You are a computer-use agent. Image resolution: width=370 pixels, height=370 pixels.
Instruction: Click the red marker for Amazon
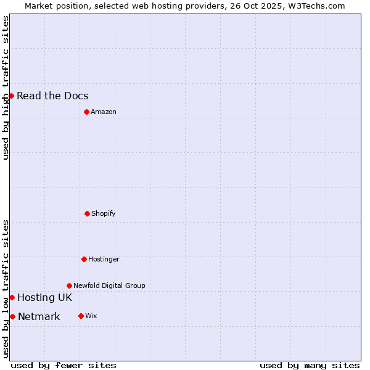[x=86, y=112]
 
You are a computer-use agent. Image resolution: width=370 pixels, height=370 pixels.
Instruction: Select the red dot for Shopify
[x=87, y=213]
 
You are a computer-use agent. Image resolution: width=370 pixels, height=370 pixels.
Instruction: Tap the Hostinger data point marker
[x=84, y=259]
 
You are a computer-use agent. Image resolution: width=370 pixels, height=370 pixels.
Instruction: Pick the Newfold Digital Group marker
[x=69, y=286]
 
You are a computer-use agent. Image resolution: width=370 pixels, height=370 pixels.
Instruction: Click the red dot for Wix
[x=81, y=316]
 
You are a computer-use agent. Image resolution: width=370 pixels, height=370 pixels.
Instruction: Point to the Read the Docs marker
[x=11, y=96]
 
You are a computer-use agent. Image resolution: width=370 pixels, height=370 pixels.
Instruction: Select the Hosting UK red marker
[x=12, y=297]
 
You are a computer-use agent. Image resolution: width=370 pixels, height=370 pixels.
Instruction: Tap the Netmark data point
[x=12, y=316]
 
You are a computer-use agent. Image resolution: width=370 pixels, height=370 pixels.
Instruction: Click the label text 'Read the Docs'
[x=52, y=96]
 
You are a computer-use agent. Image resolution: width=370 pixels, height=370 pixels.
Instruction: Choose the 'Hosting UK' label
[x=44, y=297]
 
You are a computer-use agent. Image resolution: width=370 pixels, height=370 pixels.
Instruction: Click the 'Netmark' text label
[x=39, y=316]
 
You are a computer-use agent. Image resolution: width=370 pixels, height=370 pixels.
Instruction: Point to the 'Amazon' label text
[x=104, y=112]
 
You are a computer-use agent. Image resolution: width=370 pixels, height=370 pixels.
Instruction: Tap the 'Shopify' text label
[x=104, y=213]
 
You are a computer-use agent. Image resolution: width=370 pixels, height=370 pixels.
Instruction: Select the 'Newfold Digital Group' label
[x=109, y=286]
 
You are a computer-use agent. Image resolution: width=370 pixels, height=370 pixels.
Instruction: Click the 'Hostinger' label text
[x=104, y=259]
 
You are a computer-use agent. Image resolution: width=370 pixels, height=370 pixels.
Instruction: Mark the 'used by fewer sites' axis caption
[x=64, y=365]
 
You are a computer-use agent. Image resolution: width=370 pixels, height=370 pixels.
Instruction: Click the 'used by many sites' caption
[x=310, y=365]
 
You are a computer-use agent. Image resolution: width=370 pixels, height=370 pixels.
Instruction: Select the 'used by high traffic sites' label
[x=6, y=88]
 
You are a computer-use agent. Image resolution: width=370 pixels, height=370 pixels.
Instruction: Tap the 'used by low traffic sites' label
[x=6, y=289]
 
